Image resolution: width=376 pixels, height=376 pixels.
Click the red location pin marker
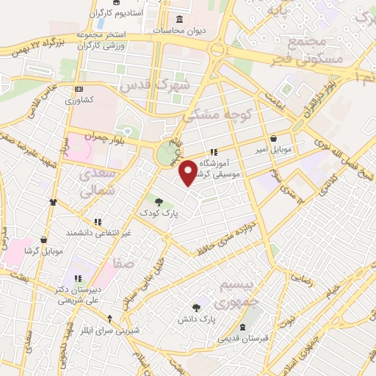189,173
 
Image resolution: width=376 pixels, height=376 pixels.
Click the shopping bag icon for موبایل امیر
273,138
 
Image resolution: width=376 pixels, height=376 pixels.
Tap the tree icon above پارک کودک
159,200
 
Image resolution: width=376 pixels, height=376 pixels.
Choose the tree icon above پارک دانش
196,309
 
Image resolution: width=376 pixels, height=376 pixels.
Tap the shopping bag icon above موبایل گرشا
45,239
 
